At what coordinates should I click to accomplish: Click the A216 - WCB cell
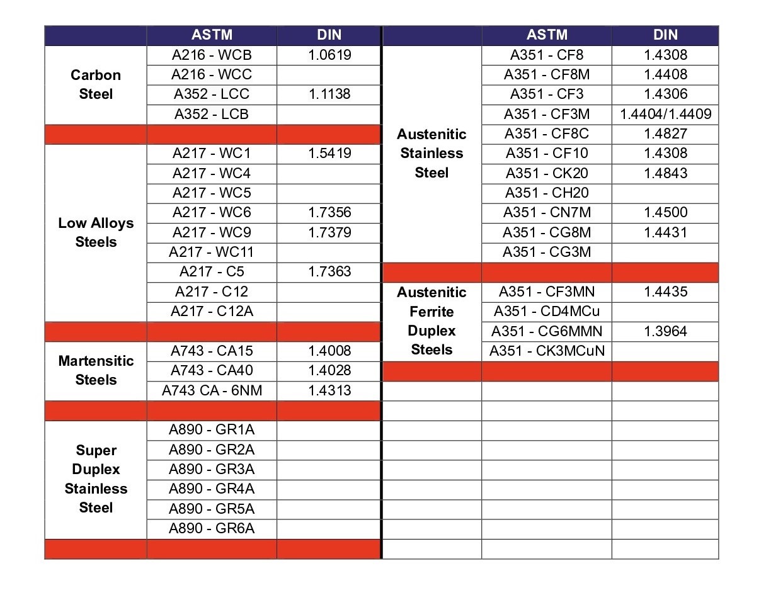tap(212, 55)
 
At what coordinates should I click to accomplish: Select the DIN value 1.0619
tap(329, 55)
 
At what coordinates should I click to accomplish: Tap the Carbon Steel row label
tap(96, 84)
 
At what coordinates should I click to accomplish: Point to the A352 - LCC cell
tap(212, 94)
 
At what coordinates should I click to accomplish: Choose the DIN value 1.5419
tap(329, 153)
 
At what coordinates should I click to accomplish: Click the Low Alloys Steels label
tap(96, 232)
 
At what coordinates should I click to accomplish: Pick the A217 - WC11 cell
tap(212, 252)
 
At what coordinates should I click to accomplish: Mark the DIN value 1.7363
tap(329, 271)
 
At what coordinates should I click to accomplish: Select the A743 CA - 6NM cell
tap(212, 390)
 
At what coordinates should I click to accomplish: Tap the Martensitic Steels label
tap(96, 370)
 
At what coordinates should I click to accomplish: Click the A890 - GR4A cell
tap(212, 489)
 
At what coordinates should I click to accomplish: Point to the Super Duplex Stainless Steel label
tap(96, 478)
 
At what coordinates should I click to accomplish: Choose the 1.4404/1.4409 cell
tap(665, 114)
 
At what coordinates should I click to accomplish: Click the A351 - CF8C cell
tap(547, 133)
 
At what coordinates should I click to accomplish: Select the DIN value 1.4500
tap(665, 212)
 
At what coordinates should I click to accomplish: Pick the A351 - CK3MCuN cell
tap(547, 351)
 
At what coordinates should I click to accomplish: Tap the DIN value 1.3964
tap(665, 331)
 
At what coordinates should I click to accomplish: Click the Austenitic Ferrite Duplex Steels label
tap(432, 321)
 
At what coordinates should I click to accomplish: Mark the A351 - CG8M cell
tap(547, 232)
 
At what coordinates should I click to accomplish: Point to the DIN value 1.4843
tap(665, 173)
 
